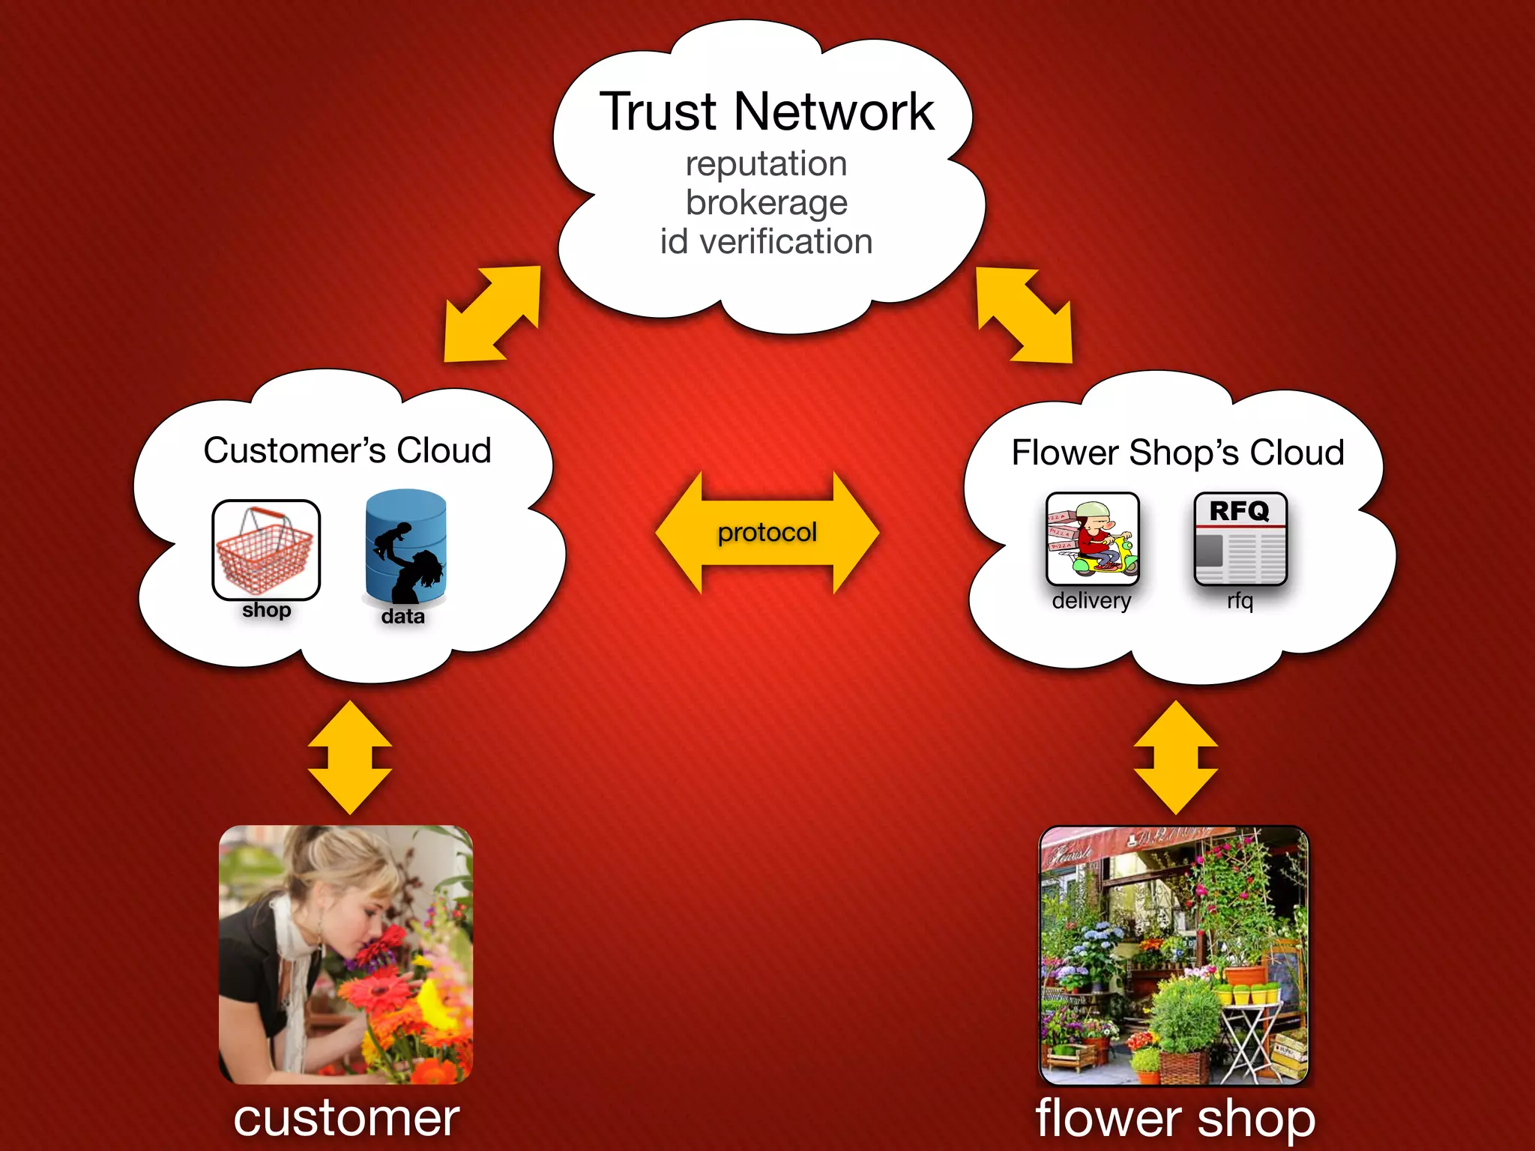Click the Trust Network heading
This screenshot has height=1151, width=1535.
pyautogui.click(x=767, y=112)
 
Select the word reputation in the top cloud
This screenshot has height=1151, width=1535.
pyautogui.click(x=766, y=164)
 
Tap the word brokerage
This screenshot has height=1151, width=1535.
pyautogui.click(x=766, y=203)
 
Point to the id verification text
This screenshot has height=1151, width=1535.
pyautogui.click(x=766, y=242)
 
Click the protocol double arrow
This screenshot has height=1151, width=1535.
pyautogui.click(x=767, y=533)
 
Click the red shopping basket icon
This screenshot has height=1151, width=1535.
pyautogui.click(x=266, y=549)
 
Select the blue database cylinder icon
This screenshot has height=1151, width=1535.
pyautogui.click(x=405, y=547)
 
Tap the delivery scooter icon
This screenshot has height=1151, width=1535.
pyautogui.click(x=1092, y=539)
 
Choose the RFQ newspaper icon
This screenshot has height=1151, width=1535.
pyautogui.click(x=1240, y=539)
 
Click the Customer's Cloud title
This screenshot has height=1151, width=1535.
pyautogui.click(x=347, y=451)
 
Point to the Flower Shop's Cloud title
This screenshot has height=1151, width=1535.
pyautogui.click(x=1177, y=453)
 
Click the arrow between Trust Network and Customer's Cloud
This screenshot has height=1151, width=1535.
pyautogui.click(x=492, y=314)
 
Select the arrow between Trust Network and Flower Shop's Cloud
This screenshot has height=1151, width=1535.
pyautogui.click(x=1025, y=315)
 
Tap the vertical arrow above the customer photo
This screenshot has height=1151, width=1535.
pyautogui.click(x=349, y=757)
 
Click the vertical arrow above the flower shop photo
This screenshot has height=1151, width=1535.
pyautogui.click(x=1175, y=757)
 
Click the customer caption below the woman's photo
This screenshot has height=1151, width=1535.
pyautogui.click(x=346, y=1118)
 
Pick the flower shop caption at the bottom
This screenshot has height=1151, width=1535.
pyautogui.click(x=1174, y=1118)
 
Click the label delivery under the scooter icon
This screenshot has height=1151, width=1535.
pyautogui.click(x=1091, y=601)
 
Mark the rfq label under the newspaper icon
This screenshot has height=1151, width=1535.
pyautogui.click(x=1240, y=601)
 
